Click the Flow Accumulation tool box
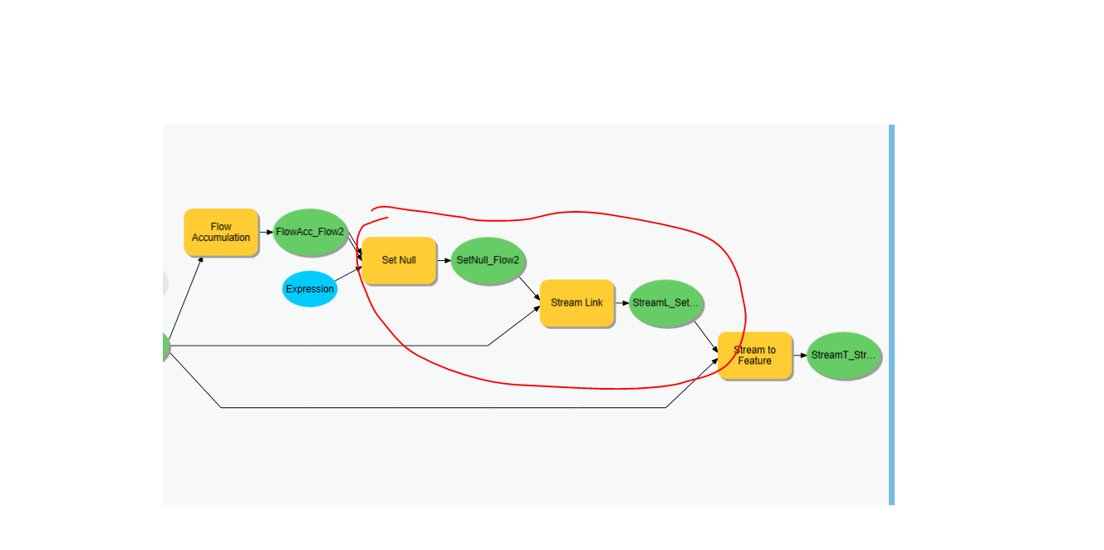pyautogui.click(x=221, y=232)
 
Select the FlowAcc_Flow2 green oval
pyautogui.click(x=310, y=232)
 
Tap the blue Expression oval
pyautogui.click(x=310, y=289)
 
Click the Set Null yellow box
pyautogui.click(x=399, y=260)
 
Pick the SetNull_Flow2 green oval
pyautogui.click(x=488, y=260)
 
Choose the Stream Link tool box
pyautogui.click(x=577, y=302)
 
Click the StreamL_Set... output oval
pyautogui.click(x=666, y=302)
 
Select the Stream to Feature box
pyautogui.click(x=754, y=356)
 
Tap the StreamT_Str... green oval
pyautogui.click(x=843, y=356)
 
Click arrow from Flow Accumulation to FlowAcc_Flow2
pyautogui.click(x=266, y=232)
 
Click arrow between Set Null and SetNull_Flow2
pyautogui.click(x=444, y=260)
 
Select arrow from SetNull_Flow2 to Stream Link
pyautogui.click(x=529, y=287)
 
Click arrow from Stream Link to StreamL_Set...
pyautogui.click(x=621, y=302)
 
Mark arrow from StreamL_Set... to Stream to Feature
pyautogui.click(x=706, y=336)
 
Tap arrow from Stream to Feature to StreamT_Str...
pyautogui.click(x=799, y=356)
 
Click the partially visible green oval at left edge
pyautogui.click(x=166, y=347)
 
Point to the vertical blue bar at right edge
pyautogui.click(x=891, y=315)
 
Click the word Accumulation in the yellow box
pyautogui.click(x=221, y=238)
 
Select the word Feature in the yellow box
pyautogui.click(x=754, y=361)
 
